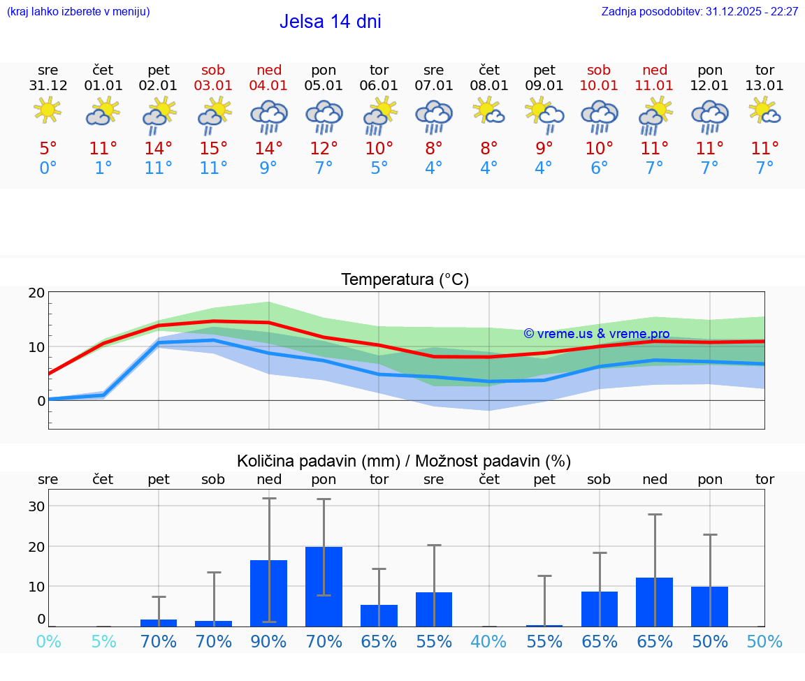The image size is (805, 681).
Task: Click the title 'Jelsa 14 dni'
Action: (x=330, y=22)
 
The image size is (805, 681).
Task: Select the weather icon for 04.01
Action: (x=269, y=117)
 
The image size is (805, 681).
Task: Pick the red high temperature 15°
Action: (x=214, y=148)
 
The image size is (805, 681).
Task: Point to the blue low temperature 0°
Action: (x=48, y=168)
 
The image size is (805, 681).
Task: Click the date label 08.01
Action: (x=489, y=86)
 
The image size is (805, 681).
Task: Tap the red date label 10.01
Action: (x=599, y=86)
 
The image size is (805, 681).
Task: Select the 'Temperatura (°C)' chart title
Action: (x=405, y=280)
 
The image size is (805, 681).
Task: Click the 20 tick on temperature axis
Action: (x=36, y=293)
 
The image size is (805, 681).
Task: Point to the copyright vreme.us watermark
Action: (x=596, y=334)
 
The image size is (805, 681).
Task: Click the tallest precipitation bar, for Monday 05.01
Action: (x=324, y=586)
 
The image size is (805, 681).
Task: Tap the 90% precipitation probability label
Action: (x=269, y=641)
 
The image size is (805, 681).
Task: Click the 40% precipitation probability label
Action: (x=489, y=641)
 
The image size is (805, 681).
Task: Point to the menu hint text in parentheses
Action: (x=78, y=11)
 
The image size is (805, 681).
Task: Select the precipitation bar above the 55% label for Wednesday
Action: (x=434, y=609)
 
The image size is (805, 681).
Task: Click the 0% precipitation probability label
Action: (x=48, y=641)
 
